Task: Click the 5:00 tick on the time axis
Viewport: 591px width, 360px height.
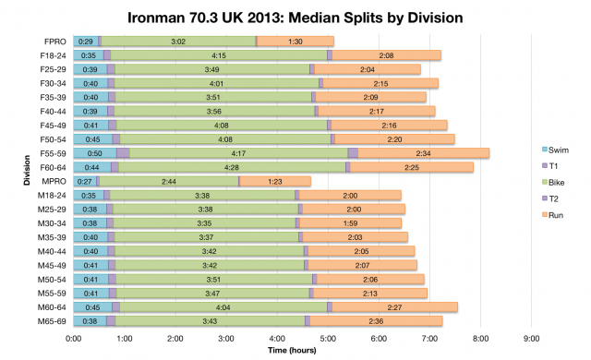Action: (328, 337)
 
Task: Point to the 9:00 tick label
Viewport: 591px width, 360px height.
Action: (530, 337)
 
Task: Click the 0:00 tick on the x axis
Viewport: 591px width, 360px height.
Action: (75, 337)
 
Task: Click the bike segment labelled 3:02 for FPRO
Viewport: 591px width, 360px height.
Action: (178, 42)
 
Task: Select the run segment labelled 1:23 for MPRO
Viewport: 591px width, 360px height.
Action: (274, 181)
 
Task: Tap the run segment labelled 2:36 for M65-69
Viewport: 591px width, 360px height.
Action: (376, 320)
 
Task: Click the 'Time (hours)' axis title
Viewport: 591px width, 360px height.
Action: (295, 351)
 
